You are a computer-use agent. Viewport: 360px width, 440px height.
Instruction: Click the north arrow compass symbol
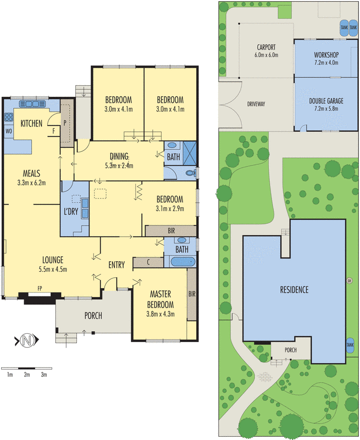click(26, 340)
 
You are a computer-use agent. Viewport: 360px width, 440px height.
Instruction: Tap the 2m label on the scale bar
click(27, 375)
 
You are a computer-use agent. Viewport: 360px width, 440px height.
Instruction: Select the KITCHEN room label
click(31, 123)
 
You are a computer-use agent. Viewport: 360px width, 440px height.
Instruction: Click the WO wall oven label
click(9, 131)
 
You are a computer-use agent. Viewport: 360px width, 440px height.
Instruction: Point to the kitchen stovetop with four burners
click(9, 117)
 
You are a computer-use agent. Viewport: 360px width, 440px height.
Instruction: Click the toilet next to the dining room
click(191, 173)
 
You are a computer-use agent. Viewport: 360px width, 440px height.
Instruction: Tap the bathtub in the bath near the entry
click(183, 262)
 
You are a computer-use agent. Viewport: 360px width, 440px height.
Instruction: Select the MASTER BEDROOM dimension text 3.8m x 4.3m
click(160, 314)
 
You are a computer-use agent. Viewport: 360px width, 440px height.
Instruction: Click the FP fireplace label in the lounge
click(40, 288)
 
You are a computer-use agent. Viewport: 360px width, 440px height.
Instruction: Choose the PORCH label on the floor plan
click(93, 316)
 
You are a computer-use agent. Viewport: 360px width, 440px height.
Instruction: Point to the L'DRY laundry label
click(71, 211)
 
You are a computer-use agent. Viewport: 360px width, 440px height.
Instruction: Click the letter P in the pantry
click(65, 123)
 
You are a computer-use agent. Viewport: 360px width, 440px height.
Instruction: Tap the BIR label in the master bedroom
click(192, 294)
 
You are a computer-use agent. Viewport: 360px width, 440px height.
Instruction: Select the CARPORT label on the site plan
click(267, 47)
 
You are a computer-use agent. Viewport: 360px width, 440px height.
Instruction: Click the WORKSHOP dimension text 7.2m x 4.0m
click(326, 63)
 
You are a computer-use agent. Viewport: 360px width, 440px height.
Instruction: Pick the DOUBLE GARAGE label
click(326, 101)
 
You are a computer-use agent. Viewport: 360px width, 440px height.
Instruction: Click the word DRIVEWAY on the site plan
click(256, 104)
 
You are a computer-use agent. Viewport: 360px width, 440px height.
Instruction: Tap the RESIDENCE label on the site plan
click(295, 290)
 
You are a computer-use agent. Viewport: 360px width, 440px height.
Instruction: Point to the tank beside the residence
click(350, 344)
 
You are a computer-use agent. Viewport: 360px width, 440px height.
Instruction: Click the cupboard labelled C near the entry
click(148, 262)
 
